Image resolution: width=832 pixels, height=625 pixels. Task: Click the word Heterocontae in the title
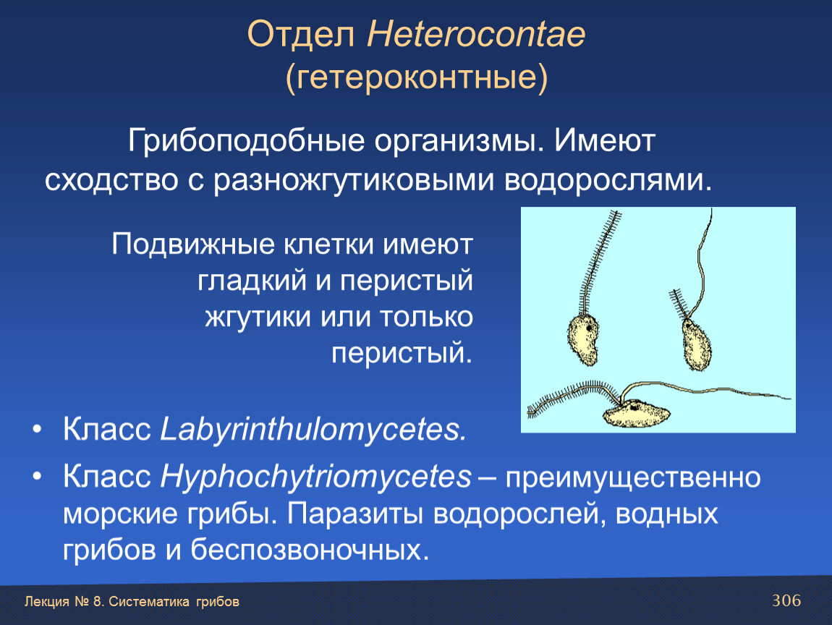click(x=476, y=35)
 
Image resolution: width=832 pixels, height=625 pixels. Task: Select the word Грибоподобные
click(x=246, y=141)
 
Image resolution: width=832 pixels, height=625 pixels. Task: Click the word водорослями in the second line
click(x=608, y=180)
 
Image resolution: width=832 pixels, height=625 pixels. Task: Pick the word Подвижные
click(x=193, y=245)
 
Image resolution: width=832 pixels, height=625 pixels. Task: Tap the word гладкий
click(x=252, y=281)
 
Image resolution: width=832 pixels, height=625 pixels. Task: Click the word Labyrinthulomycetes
click(x=313, y=429)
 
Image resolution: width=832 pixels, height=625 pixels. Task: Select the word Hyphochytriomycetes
click(x=315, y=477)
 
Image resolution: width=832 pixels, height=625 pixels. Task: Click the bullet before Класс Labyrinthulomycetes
click(x=36, y=429)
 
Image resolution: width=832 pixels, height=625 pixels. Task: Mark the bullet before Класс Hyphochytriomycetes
click(x=36, y=477)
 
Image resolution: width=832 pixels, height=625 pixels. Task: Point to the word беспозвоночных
click(x=310, y=550)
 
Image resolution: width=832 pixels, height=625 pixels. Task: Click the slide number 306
click(x=786, y=600)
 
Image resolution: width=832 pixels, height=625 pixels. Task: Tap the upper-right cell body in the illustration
click(x=696, y=344)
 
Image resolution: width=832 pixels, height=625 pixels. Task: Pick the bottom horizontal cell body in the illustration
click(x=636, y=413)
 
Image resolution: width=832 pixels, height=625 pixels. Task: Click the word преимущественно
click(x=633, y=477)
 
